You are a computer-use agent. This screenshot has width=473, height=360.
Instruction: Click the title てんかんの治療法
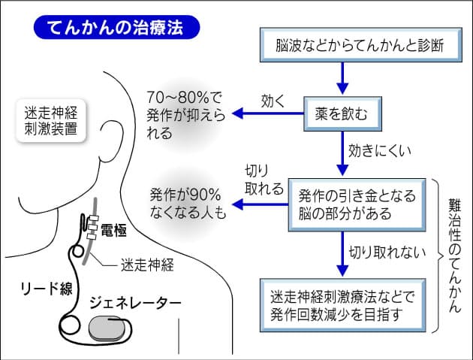117,28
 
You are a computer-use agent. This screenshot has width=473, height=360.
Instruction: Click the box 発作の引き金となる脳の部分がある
356,204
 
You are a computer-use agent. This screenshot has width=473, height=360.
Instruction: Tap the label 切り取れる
264,180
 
